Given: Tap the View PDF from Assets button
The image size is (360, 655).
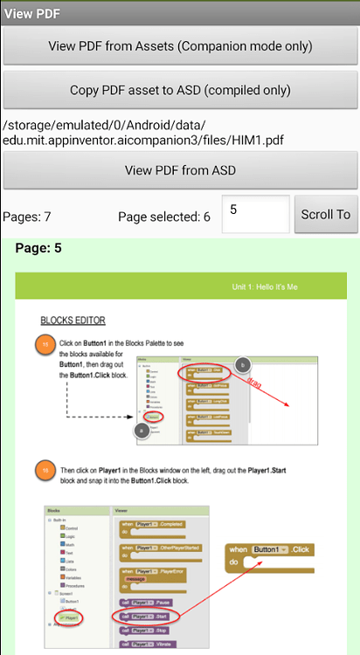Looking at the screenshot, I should (x=180, y=46).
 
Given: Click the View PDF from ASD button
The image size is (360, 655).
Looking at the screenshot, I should (x=180, y=170).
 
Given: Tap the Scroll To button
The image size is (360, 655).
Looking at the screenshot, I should (x=325, y=215).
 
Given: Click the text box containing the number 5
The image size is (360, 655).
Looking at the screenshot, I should (x=255, y=215).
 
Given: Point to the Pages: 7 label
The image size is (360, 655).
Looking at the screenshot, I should (x=27, y=217).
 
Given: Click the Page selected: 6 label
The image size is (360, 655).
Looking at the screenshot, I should (x=164, y=217).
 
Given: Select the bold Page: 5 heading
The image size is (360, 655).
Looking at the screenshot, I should (x=38, y=249).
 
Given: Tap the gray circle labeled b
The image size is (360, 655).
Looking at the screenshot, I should (x=243, y=364).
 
